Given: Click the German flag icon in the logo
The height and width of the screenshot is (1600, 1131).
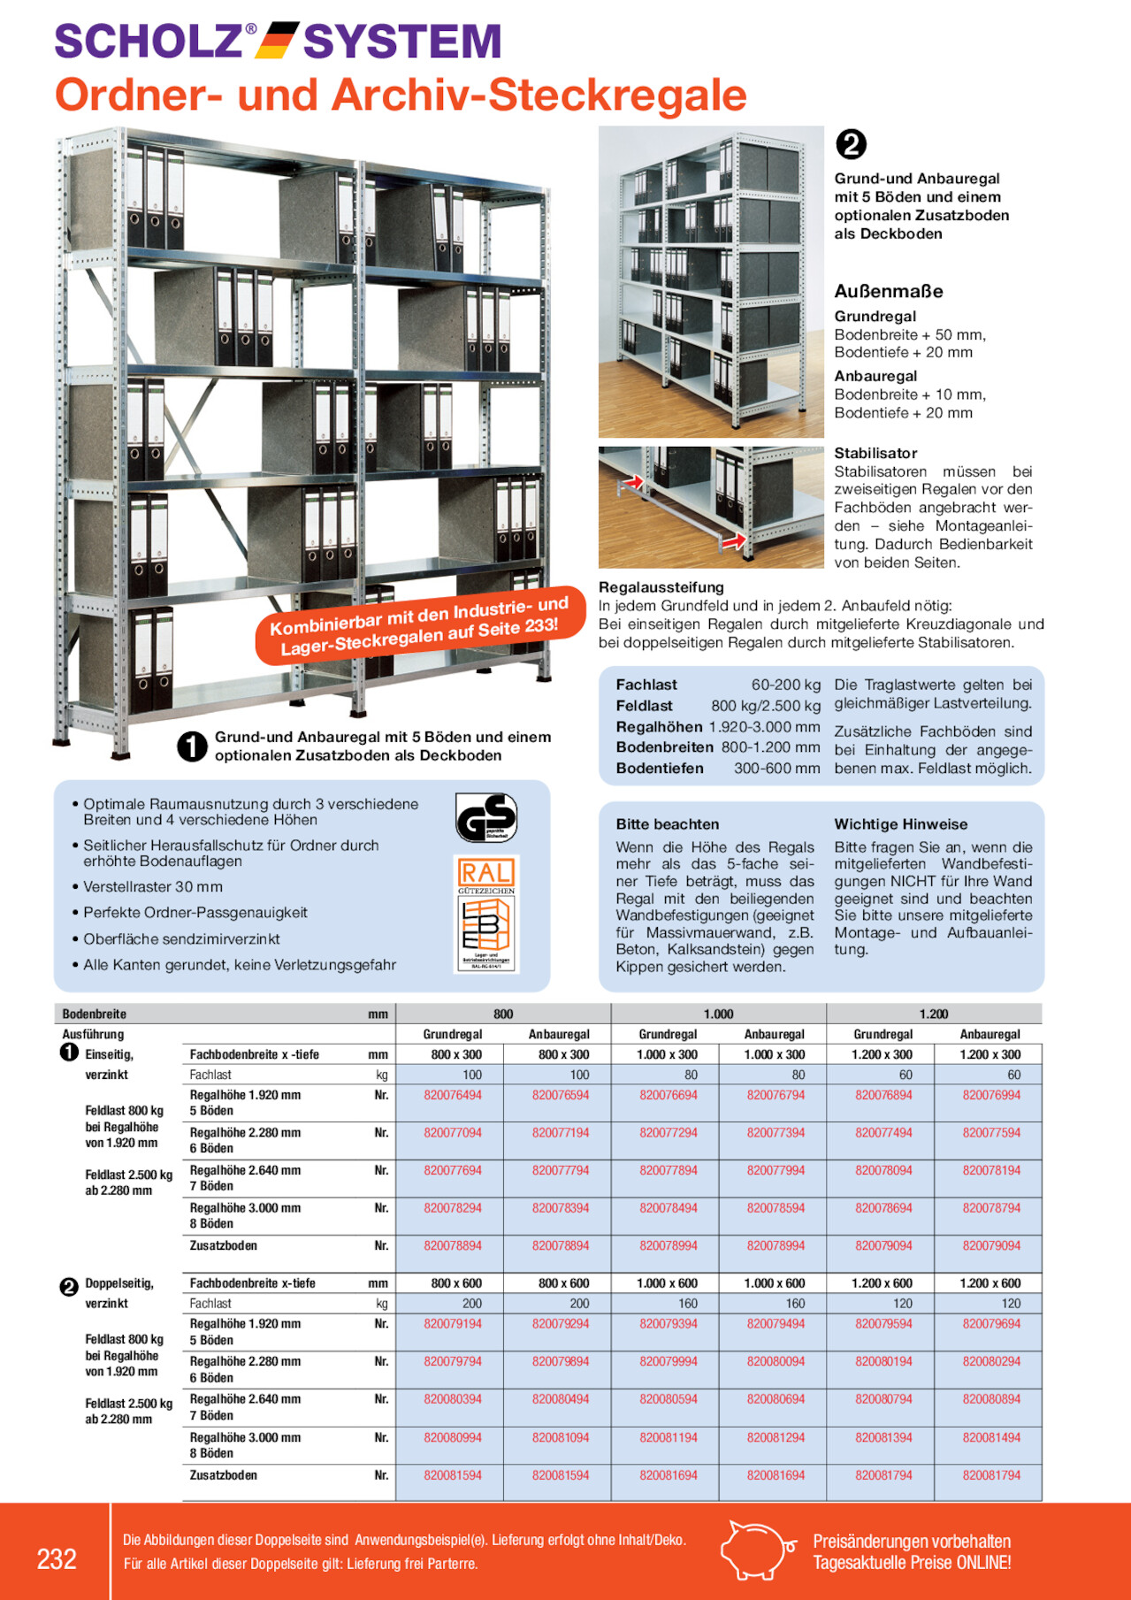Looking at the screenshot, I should click(x=277, y=42).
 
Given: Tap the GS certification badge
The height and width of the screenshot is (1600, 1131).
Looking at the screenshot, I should click(x=485, y=817).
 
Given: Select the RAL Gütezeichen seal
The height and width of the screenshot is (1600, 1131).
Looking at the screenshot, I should click(x=485, y=914).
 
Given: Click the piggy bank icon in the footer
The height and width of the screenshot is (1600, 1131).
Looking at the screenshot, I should click(x=756, y=1550).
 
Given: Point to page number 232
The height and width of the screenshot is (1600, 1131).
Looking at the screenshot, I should click(x=57, y=1558).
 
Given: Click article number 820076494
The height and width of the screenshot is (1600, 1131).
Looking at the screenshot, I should click(x=453, y=1095).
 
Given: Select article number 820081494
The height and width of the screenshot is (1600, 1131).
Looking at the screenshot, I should click(x=991, y=1437).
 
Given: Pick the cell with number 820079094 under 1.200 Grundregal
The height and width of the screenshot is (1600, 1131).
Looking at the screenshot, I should click(x=883, y=1245).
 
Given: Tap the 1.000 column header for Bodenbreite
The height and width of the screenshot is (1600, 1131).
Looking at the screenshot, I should click(x=718, y=1014).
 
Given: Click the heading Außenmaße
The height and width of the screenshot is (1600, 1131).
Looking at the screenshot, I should click(x=889, y=291).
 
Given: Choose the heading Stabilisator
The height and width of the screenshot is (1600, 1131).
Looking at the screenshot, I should click(x=875, y=453).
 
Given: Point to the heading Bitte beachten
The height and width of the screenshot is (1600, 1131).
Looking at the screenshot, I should click(x=668, y=824).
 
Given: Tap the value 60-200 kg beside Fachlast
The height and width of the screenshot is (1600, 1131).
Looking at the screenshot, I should click(x=785, y=685).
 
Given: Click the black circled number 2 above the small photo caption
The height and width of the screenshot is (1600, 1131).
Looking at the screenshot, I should click(x=851, y=144).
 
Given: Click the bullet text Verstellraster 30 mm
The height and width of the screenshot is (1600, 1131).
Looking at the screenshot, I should click(x=153, y=886).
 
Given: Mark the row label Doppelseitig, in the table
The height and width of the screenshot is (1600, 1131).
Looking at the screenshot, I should click(x=119, y=1283).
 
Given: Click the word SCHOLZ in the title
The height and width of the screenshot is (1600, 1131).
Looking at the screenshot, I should click(x=149, y=42).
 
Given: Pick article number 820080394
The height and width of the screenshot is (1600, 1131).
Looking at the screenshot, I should click(x=453, y=1399).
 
